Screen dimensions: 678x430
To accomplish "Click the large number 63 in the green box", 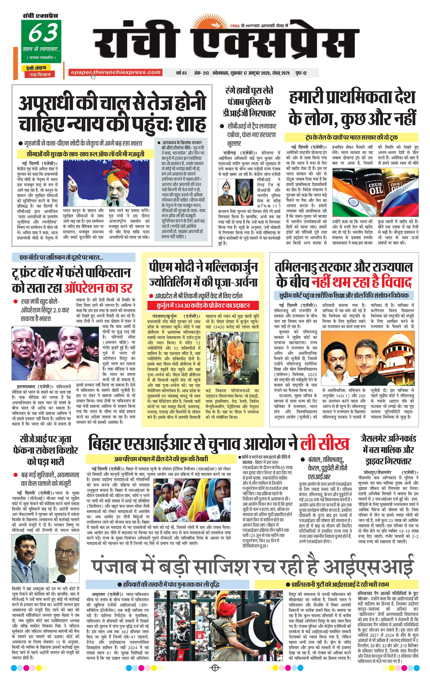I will (43, 32).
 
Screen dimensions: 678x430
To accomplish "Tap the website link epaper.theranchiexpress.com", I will (115, 73).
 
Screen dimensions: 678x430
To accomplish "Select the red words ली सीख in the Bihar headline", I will (324, 444).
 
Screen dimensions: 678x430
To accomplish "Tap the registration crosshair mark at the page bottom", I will (215, 668).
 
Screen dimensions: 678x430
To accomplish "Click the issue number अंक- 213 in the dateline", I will (201, 73).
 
